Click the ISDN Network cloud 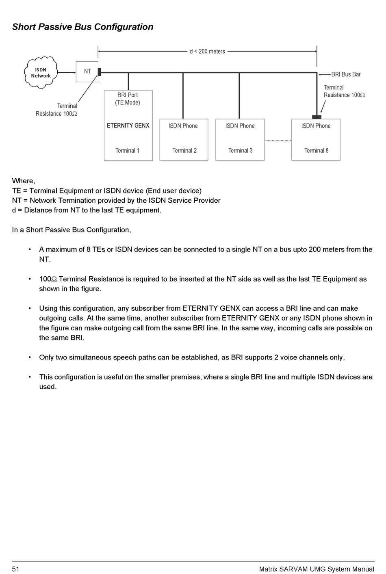point(41,73)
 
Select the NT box point(87,71)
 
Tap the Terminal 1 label point(127,151)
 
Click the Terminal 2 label point(184,151)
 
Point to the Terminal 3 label point(240,151)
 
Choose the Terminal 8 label point(316,151)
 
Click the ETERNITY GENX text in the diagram point(128,126)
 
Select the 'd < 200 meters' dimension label point(207,52)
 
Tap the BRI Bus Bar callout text point(346,74)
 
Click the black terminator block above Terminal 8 point(317,117)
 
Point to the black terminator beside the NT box point(99,72)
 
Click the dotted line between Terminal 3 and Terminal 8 point(278,141)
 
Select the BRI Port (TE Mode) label point(128,99)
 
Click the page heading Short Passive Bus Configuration point(83,27)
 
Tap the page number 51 point(15,569)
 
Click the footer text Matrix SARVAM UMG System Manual point(317,569)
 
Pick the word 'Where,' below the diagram point(24,181)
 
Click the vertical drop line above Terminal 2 point(183,95)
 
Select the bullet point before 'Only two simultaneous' point(30,357)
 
